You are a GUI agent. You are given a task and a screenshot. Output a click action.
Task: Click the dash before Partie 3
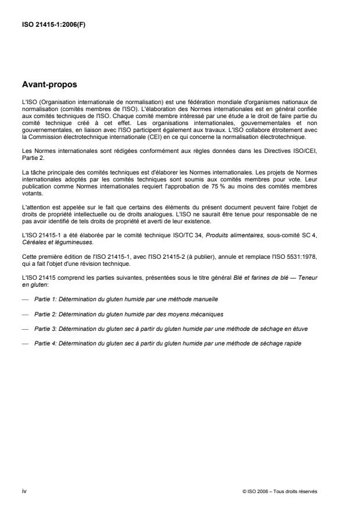coord(24,329)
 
